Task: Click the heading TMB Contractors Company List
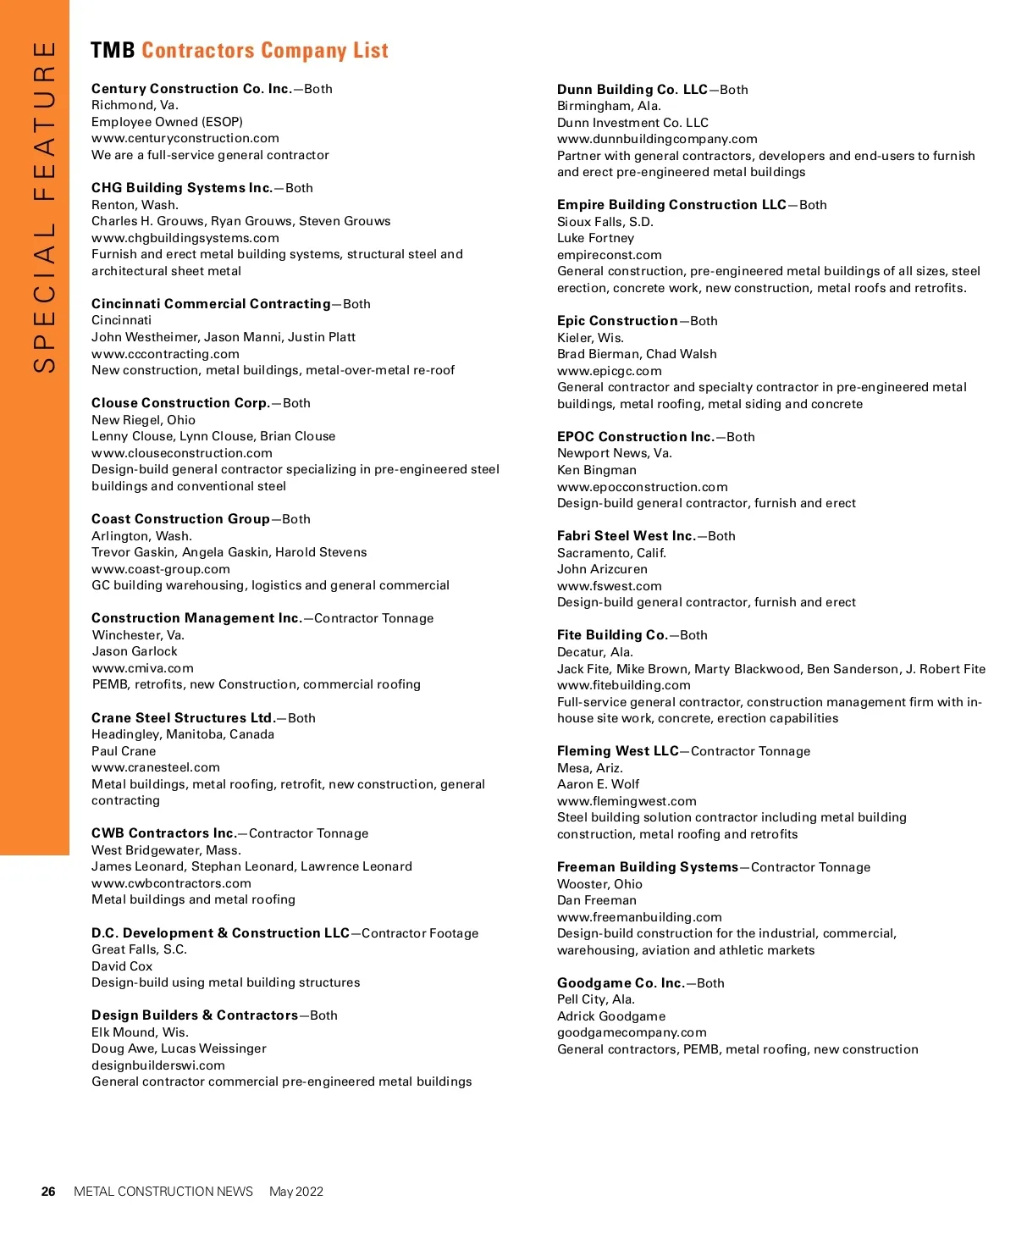pyautogui.click(x=240, y=51)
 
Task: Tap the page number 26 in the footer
pyautogui.click(x=48, y=1192)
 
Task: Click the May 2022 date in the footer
pyautogui.click(x=295, y=1192)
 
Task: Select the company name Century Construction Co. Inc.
pyautogui.click(x=191, y=89)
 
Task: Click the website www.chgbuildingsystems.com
pyautogui.click(x=185, y=238)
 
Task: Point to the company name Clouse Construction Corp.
pyautogui.click(x=180, y=403)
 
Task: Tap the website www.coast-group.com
pyautogui.click(x=161, y=569)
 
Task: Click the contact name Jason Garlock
pyautogui.click(x=135, y=651)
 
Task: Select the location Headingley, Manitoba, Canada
pyautogui.click(x=183, y=734)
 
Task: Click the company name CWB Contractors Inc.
pyautogui.click(x=164, y=833)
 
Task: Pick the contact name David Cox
pyautogui.click(x=122, y=966)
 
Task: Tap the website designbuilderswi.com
pyautogui.click(x=158, y=1065)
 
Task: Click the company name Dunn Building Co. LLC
pyautogui.click(x=632, y=90)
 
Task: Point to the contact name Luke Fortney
pyautogui.click(x=595, y=238)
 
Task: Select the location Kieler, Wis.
pyautogui.click(x=590, y=338)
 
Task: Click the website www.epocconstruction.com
pyautogui.click(x=642, y=487)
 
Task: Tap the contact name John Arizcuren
pyautogui.click(x=602, y=569)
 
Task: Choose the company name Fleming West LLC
pyautogui.click(x=618, y=751)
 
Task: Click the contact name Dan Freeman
pyautogui.click(x=596, y=900)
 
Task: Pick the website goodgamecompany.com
pyautogui.click(x=632, y=1032)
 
